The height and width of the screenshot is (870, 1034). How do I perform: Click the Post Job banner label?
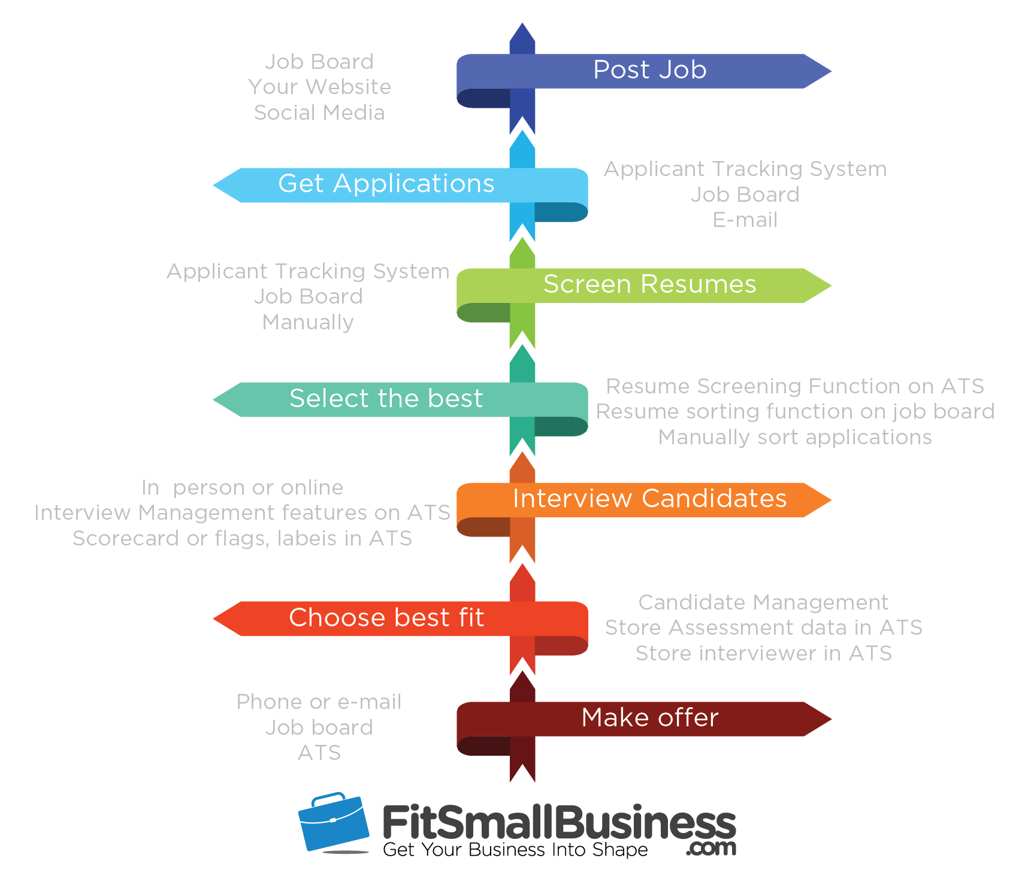click(649, 70)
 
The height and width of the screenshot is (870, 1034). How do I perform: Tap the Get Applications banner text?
click(386, 184)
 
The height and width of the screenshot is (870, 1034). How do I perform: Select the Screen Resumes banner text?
click(649, 284)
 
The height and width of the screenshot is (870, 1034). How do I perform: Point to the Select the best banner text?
click(386, 399)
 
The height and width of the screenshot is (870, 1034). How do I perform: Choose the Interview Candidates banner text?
click(649, 499)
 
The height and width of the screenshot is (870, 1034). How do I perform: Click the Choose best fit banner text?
click(386, 618)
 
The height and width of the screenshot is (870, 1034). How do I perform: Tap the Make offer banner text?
click(649, 718)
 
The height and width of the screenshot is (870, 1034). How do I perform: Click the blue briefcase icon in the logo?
click(333, 822)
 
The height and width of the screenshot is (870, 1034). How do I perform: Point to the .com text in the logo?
click(712, 848)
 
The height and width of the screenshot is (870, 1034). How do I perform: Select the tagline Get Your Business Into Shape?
click(515, 850)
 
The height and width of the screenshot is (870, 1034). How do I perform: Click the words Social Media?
click(319, 113)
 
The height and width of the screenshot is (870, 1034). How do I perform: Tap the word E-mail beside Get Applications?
click(745, 220)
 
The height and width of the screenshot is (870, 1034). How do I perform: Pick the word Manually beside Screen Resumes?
click(308, 322)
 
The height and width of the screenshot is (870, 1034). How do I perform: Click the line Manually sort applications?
click(795, 438)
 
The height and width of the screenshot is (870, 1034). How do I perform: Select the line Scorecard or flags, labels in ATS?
click(242, 538)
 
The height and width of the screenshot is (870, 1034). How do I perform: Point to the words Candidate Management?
click(763, 602)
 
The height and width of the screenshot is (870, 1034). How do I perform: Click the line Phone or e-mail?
click(319, 702)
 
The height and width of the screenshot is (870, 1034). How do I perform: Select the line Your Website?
click(319, 87)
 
